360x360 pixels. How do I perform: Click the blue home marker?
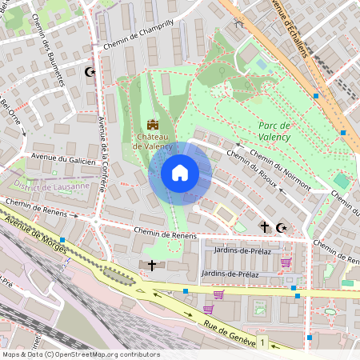pyautogui.click(x=180, y=173)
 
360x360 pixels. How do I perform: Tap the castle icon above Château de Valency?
pyautogui.click(x=153, y=125)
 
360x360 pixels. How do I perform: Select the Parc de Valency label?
pyautogui.click(x=274, y=131)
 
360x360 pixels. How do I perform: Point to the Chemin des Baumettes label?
pyautogui.click(x=53, y=62)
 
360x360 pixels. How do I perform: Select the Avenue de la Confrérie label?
pyautogui.click(x=103, y=157)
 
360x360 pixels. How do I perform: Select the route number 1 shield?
pyautogui.click(x=262, y=342)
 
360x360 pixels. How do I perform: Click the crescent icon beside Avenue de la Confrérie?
pyautogui.click(x=89, y=73)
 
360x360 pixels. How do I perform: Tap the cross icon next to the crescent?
pyautogui.click(x=264, y=227)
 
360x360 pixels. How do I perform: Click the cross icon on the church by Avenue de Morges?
pyautogui.click(x=151, y=265)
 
